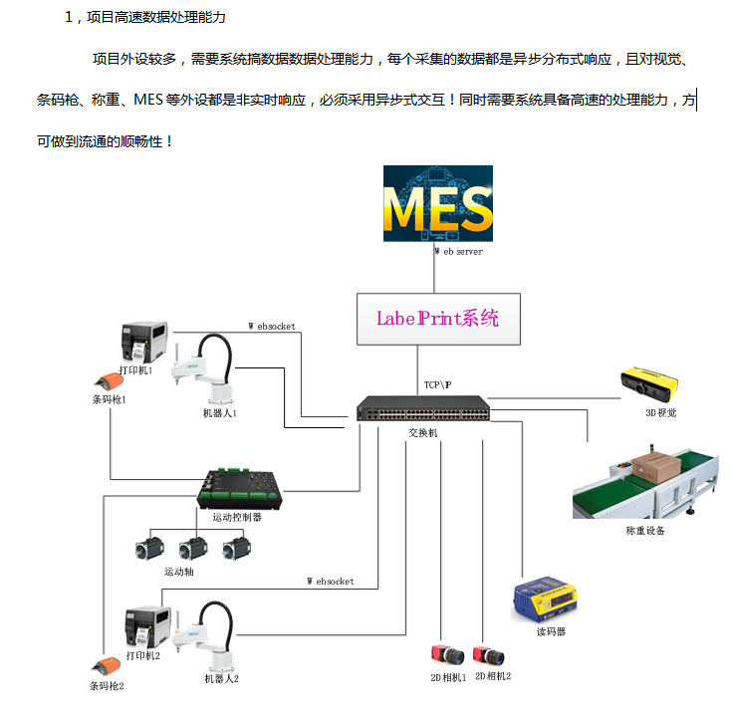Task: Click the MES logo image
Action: (438, 203)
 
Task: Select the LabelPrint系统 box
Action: (437, 319)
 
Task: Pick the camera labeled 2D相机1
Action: (445, 656)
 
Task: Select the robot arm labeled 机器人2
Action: (213, 636)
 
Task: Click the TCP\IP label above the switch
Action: (437, 384)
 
